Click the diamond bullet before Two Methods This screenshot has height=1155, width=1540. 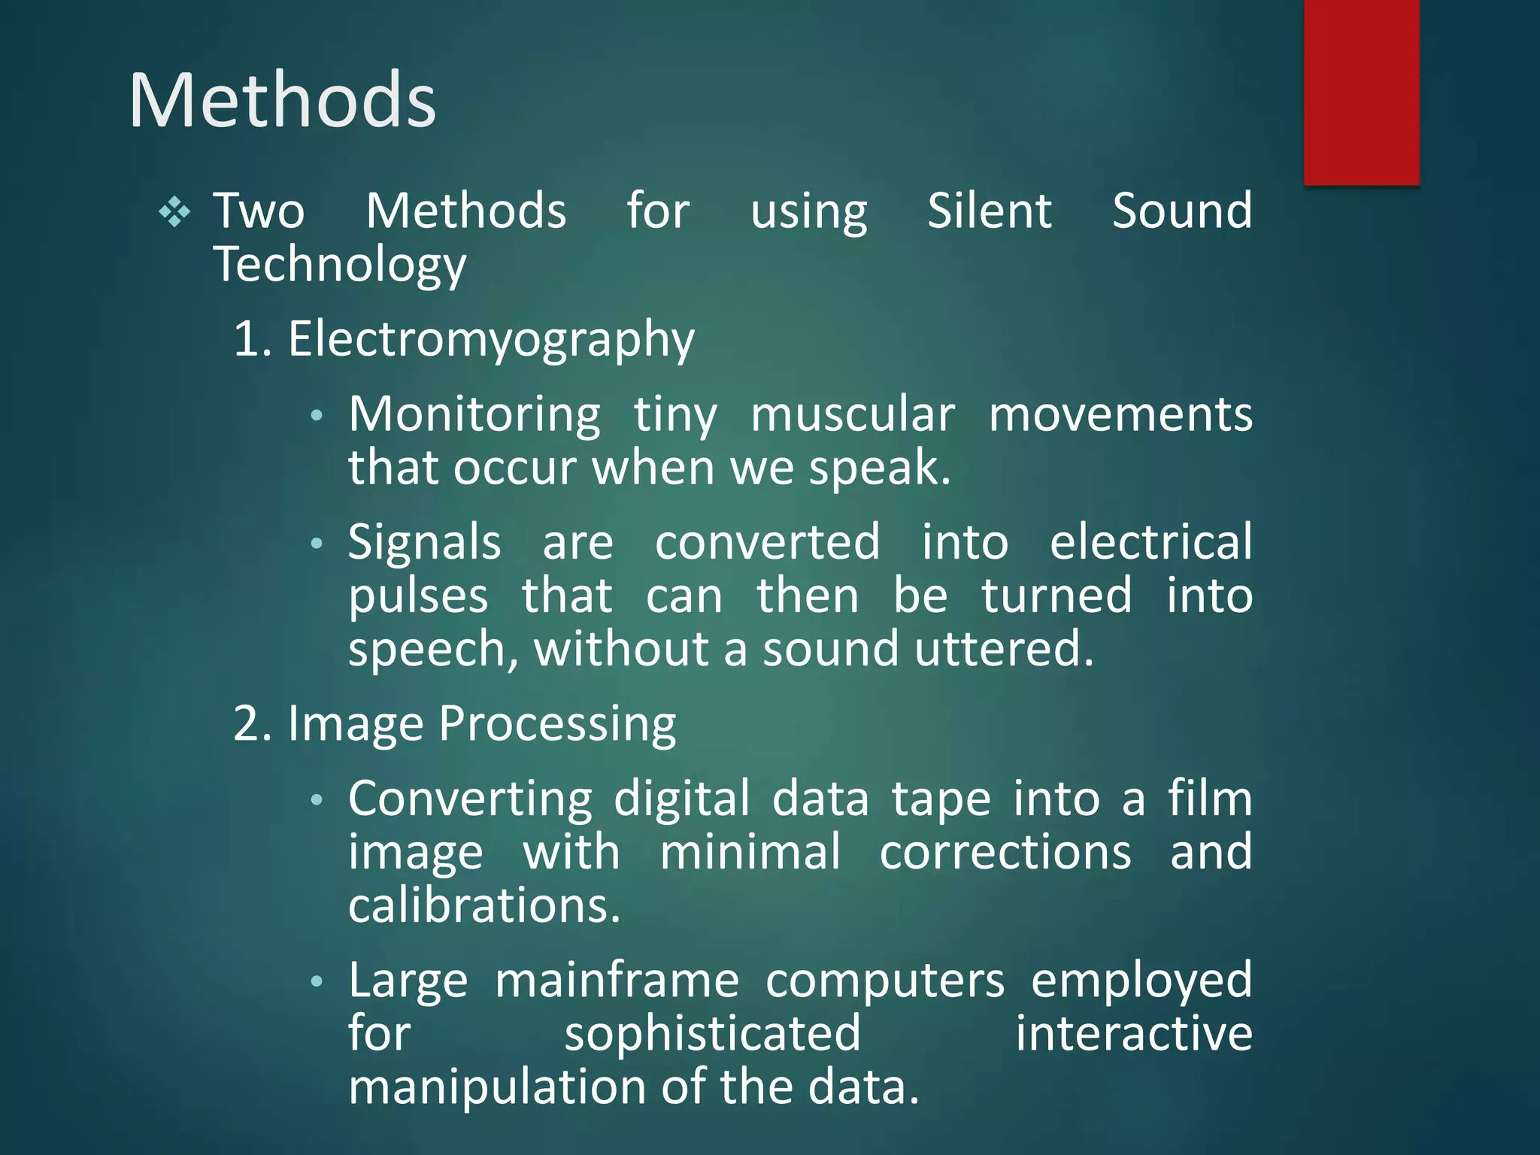(174, 212)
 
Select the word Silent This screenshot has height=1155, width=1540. (989, 211)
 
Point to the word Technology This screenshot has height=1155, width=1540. (340, 265)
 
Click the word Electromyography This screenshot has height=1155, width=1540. (491, 340)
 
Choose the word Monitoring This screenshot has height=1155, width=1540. (474, 415)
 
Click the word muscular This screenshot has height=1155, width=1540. (853, 415)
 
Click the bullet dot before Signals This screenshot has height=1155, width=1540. (317, 543)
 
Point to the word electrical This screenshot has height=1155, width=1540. (1150, 543)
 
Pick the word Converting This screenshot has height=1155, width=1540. (470, 799)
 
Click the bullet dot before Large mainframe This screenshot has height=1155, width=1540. (317, 981)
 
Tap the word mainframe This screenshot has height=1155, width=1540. (617, 981)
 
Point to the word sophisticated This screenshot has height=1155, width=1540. (712, 1035)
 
